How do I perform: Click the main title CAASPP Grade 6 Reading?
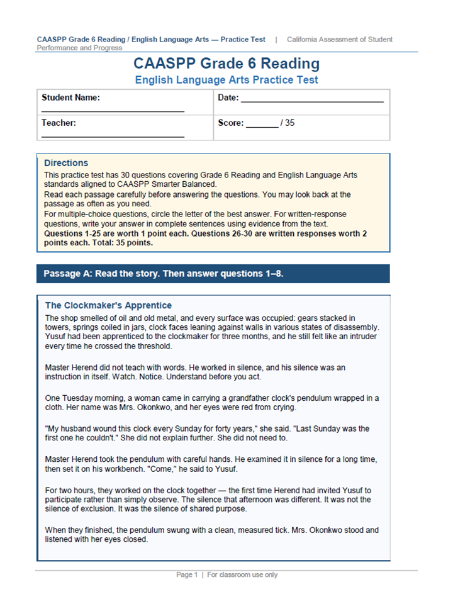(x=226, y=64)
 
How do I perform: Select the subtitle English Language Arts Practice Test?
(x=226, y=80)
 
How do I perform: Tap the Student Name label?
(x=70, y=98)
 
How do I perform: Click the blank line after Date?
(x=312, y=101)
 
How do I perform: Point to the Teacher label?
(x=59, y=123)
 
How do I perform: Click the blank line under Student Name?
(x=113, y=111)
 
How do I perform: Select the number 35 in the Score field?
(x=289, y=123)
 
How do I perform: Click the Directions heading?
(x=66, y=163)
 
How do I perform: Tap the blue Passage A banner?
(x=213, y=274)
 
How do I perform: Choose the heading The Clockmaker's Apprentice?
(x=108, y=305)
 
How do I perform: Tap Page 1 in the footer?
(x=187, y=574)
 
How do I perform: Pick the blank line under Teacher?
(x=113, y=137)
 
